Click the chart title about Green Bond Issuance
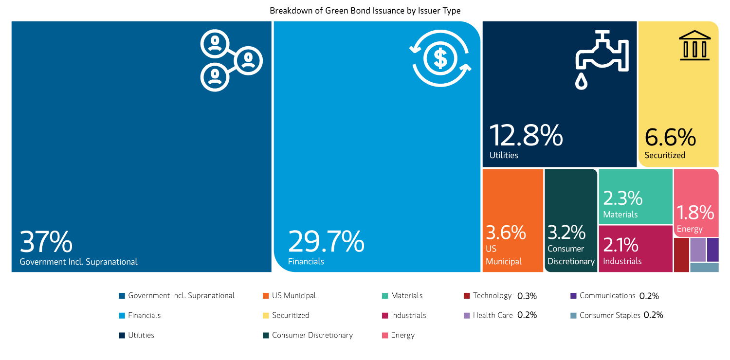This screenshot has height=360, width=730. pyautogui.click(x=365, y=10)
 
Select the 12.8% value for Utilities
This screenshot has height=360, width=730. pyautogui.click(x=526, y=136)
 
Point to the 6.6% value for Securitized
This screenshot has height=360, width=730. pyautogui.click(x=670, y=138)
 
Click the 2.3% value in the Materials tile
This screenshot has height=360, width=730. pyautogui.click(x=623, y=198)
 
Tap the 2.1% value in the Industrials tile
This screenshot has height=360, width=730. pyautogui.click(x=620, y=245)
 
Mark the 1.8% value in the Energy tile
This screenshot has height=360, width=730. pyautogui.click(x=695, y=213)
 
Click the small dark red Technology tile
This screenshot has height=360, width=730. pyautogui.click(x=681, y=254)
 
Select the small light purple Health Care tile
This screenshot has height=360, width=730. pyautogui.click(x=697, y=250)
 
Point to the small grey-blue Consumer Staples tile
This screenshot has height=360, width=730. pyautogui.click(x=704, y=267)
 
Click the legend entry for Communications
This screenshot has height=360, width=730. pyautogui.click(x=607, y=296)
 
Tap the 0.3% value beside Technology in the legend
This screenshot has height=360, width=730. pyautogui.click(x=527, y=296)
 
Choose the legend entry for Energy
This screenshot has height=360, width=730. pyautogui.click(x=402, y=335)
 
